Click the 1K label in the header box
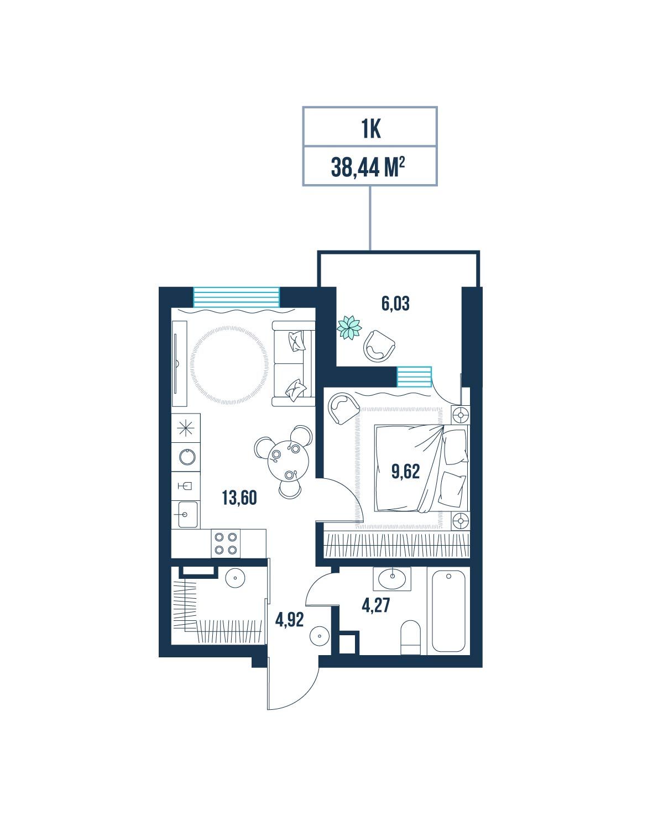[370, 129]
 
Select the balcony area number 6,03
[395, 304]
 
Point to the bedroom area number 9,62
[405, 472]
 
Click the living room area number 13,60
[239, 498]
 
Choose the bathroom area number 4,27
[375, 605]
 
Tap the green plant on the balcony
[349, 327]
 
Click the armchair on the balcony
[379, 346]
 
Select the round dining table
[288, 461]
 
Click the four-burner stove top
[226, 543]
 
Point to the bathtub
[448, 611]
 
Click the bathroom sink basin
[392, 579]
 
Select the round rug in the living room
[229, 365]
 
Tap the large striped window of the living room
[236, 297]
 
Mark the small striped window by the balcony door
[414, 377]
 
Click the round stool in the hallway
[319, 636]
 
